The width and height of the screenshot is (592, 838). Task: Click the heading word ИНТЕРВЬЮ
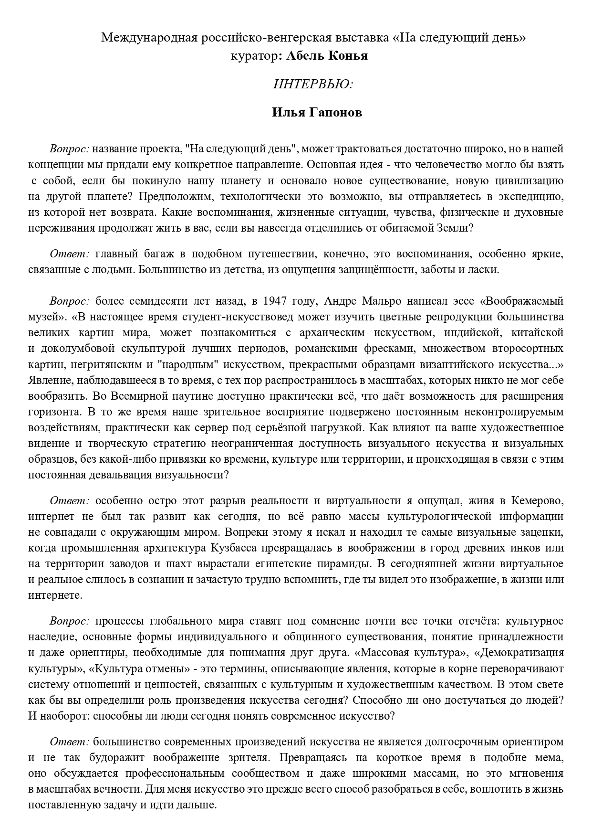tap(313, 84)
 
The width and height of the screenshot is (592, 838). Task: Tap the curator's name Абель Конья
tap(327, 56)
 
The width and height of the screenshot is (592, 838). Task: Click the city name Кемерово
tap(538, 501)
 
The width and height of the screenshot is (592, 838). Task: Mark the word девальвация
tap(123, 475)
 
